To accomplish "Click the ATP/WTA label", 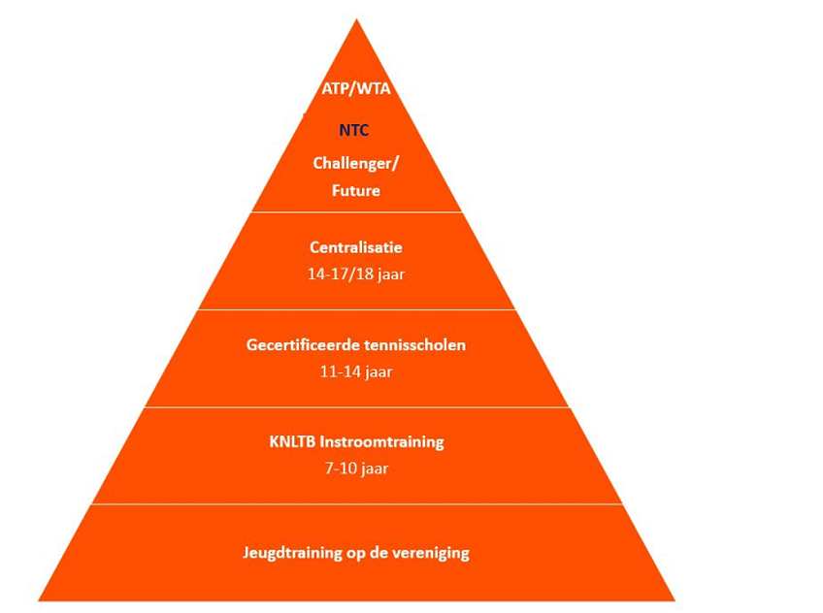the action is [x=356, y=88].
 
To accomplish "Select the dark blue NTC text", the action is [x=354, y=130].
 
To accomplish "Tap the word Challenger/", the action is [x=356, y=164].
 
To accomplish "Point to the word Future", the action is [x=356, y=190].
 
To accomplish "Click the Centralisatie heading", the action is [x=356, y=247].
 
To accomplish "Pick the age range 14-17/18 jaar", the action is [x=356, y=274].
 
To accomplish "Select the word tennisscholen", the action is [x=414, y=345].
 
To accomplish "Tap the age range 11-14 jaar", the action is [x=356, y=371].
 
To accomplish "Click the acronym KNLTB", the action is [x=292, y=441].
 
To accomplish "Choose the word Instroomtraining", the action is [x=382, y=442].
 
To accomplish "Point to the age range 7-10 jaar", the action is [x=356, y=468].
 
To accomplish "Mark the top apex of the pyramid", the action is [x=356, y=19].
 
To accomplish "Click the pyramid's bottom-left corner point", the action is [x=38, y=600].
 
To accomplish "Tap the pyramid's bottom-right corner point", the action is [x=675, y=600].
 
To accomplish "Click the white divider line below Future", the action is [x=356, y=211].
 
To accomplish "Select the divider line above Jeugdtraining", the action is [x=356, y=504].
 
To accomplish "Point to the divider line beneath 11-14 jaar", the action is [x=356, y=407].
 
